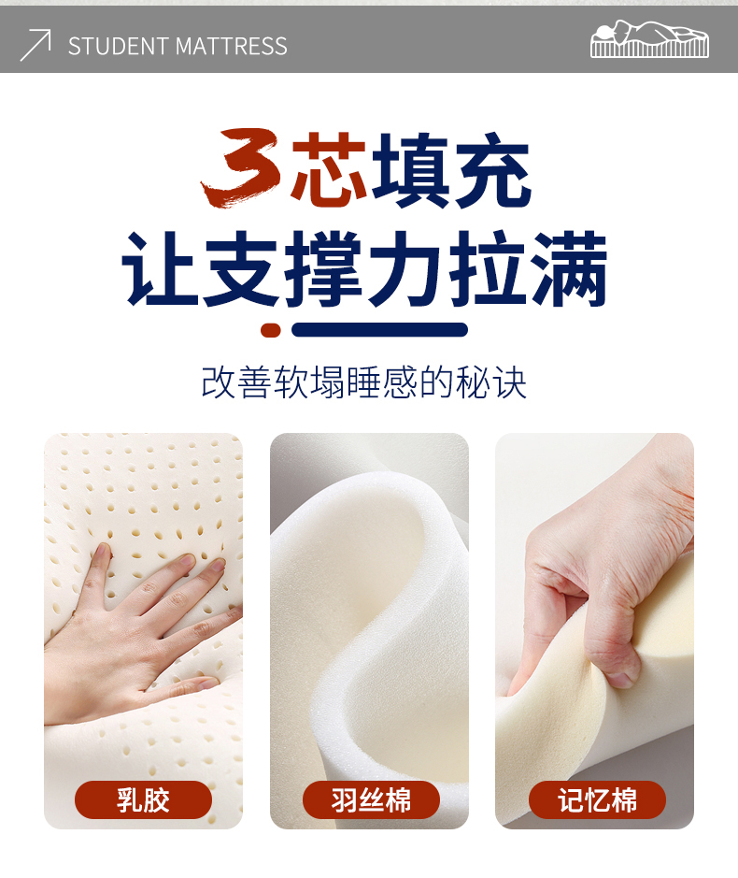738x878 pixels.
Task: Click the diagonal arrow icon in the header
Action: coord(35,45)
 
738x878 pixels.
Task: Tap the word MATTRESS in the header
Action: coord(231,46)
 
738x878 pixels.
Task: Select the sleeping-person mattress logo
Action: coord(649,39)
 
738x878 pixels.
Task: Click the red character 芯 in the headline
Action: coord(329,168)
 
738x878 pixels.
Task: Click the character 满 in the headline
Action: coord(570,268)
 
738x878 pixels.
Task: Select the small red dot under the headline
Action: coord(271,330)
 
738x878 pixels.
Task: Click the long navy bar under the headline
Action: coord(380,330)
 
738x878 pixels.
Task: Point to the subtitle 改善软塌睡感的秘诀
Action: coord(363,382)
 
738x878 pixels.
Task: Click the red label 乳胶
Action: coord(143,799)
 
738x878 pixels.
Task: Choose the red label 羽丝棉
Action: coord(371,799)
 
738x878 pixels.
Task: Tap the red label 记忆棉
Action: coord(597,799)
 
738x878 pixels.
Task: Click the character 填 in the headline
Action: coord(410,168)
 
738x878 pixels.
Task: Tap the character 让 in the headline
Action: coord(160,268)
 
